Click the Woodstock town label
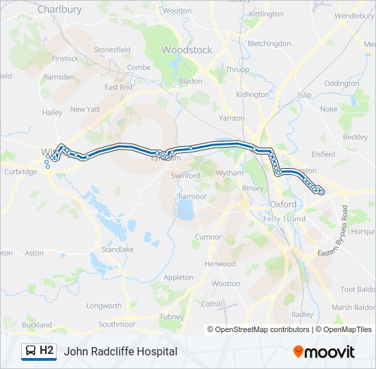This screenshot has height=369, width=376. pos(187,50)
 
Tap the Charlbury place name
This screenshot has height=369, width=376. pos(59,10)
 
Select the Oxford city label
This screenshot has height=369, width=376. pos(283,204)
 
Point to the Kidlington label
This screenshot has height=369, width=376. pos(252,94)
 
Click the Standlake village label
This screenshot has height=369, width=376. pos(117,249)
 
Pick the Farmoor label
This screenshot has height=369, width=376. pos(193,196)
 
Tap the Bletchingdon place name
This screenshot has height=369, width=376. pos(269,43)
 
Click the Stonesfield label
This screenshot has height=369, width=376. pos(112,50)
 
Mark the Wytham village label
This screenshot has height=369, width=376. pos(229,173)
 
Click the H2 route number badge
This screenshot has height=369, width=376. pos(46,351)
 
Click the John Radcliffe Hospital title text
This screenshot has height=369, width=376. pos(120,351)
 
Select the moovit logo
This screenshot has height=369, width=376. pos(324,351)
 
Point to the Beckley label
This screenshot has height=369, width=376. pos(355,137)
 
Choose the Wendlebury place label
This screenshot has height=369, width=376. pos(354,15)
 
